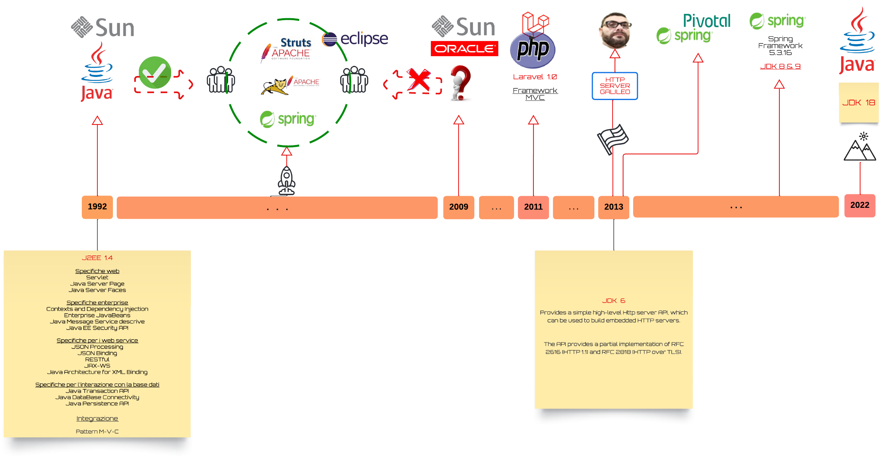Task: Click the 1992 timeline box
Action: point(97,207)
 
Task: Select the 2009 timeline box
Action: point(459,207)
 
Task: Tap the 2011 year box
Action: point(533,207)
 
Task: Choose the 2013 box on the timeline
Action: point(614,207)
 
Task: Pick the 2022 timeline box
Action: point(860,206)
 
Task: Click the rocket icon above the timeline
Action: point(287,181)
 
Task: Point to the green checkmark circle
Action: point(155,73)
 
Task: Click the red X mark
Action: point(419,80)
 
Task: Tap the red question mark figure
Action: point(461,83)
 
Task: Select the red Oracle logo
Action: point(464,48)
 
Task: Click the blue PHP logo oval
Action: point(533,50)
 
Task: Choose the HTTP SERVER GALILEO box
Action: point(615,86)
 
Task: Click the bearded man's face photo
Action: point(615,30)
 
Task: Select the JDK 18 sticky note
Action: point(859,103)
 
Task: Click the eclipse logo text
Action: point(364,39)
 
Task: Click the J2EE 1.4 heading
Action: point(97,258)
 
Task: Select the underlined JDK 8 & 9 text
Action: point(780,66)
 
